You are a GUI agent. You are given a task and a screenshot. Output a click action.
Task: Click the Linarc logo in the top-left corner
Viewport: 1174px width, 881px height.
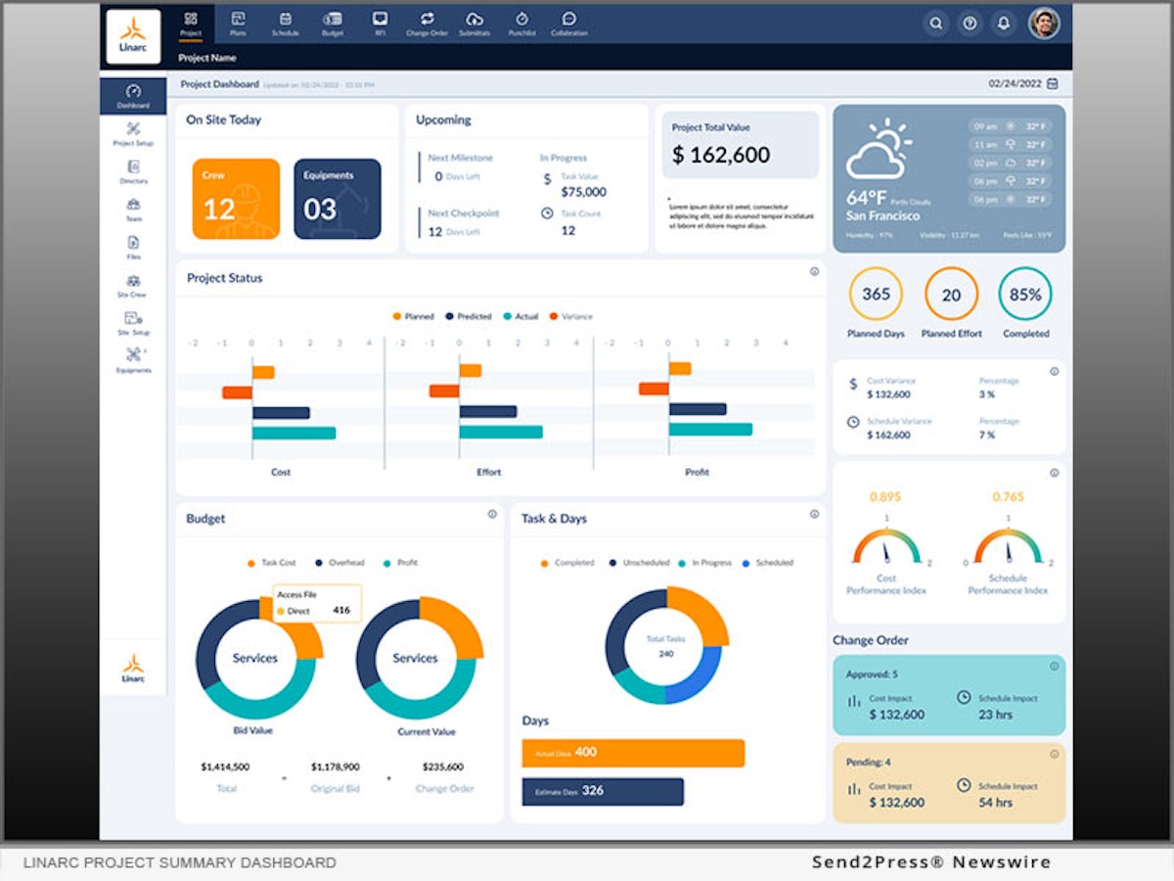(133, 36)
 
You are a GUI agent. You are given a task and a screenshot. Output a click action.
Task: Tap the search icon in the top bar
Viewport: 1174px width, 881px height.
(936, 23)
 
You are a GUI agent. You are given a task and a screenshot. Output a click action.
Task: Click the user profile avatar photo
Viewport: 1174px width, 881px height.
(1044, 23)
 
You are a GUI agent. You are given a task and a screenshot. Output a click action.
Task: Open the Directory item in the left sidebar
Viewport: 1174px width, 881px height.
(134, 172)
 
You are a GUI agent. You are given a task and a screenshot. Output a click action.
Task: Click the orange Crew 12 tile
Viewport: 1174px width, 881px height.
(236, 199)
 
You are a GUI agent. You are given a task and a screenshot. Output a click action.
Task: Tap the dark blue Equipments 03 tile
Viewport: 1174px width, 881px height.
(337, 199)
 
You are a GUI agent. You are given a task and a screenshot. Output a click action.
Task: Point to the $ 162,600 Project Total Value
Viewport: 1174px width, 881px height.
(721, 155)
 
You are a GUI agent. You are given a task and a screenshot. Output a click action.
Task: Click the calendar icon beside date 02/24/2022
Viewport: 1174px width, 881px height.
(1053, 84)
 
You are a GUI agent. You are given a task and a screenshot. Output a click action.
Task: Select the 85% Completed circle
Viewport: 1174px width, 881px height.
(1025, 295)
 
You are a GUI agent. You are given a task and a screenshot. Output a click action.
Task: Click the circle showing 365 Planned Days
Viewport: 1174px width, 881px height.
(876, 295)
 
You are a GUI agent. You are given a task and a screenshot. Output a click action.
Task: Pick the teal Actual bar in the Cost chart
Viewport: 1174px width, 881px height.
(293, 433)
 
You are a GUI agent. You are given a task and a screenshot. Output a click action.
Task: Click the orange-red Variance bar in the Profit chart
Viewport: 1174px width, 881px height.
(654, 389)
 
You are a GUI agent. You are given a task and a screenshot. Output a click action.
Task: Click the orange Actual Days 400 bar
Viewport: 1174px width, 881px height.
(633, 753)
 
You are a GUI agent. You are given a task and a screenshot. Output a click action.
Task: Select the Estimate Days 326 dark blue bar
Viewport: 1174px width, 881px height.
(603, 791)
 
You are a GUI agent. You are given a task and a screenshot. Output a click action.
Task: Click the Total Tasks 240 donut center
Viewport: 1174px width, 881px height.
(665, 645)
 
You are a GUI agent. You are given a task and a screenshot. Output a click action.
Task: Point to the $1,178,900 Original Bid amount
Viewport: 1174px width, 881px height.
(335, 766)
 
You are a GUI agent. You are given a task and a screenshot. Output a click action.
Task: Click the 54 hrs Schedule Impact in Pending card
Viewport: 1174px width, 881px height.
(995, 802)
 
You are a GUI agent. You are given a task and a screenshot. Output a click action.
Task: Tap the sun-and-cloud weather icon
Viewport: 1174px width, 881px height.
(878, 152)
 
